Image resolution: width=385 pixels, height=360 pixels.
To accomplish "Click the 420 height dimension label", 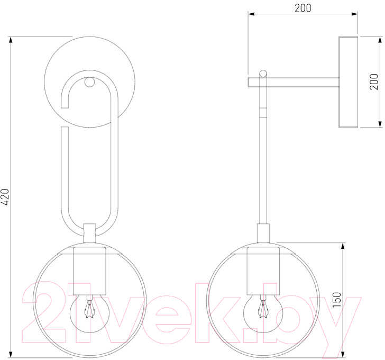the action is point(5,197).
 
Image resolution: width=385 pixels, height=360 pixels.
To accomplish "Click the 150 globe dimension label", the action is point(337,300).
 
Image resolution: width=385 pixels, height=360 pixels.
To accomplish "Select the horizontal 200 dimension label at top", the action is point(302,8).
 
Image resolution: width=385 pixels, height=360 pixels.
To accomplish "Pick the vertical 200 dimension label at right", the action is point(374,82).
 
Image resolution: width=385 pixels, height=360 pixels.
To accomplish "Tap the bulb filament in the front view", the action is point(89,309).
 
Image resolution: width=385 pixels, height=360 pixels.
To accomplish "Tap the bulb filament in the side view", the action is point(263,309).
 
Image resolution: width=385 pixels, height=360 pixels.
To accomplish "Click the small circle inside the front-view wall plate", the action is point(89,82).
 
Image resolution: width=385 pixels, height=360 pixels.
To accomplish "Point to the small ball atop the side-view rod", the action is point(263,73).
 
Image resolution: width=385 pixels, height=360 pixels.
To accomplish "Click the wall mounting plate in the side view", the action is point(348,82).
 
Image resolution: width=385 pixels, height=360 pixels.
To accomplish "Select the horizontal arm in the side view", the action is point(294,82).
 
